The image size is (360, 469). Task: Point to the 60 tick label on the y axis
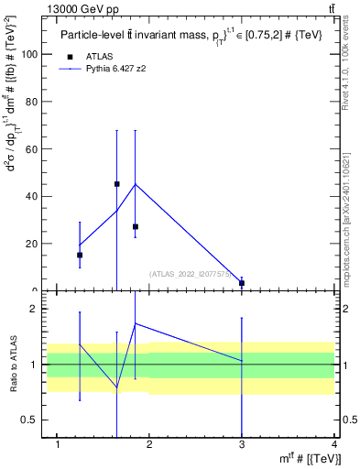[x=31, y=149]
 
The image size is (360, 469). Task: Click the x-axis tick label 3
[x=242, y=444]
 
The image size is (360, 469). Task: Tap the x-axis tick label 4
[x=334, y=444]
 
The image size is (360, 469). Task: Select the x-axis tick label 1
[x=58, y=444]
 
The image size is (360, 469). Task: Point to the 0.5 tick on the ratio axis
[x=28, y=420]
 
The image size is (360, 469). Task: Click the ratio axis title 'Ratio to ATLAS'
[x=13, y=365]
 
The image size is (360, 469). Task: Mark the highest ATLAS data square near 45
[x=116, y=184]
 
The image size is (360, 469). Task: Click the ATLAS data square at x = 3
[x=242, y=283]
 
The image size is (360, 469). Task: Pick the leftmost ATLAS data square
[x=80, y=255]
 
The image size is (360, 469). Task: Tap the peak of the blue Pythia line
[x=136, y=184]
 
